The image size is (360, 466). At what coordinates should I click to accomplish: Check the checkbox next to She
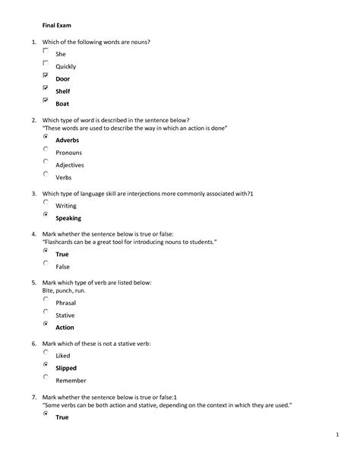(x=46, y=51)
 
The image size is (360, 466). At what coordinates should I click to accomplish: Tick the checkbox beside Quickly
(x=46, y=63)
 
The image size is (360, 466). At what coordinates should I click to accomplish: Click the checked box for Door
(x=46, y=76)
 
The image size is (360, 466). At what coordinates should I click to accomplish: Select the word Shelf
(x=63, y=91)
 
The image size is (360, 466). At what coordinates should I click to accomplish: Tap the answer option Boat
(x=62, y=103)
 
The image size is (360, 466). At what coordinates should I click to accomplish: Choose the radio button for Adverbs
(x=46, y=137)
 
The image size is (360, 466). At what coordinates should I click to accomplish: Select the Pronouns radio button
(x=46, y=149)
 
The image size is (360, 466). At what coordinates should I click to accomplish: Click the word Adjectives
(x=70, y=165)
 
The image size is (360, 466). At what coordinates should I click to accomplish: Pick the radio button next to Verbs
(x=46, y=174)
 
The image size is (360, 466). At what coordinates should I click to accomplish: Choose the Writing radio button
(x=46, y=202)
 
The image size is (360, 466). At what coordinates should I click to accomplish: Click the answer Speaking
(x=68, y=218)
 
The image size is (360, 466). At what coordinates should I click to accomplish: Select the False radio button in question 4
(x=46, y=263)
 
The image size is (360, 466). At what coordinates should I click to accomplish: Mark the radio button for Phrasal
(x=46, y=300)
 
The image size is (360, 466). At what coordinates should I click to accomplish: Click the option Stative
(x=66, y=315)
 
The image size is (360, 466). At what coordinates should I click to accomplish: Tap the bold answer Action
(x=65, y=328)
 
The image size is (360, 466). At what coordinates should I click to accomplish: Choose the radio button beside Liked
(x=46, y=352)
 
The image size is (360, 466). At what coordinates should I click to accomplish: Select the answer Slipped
(x=67, y=368)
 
